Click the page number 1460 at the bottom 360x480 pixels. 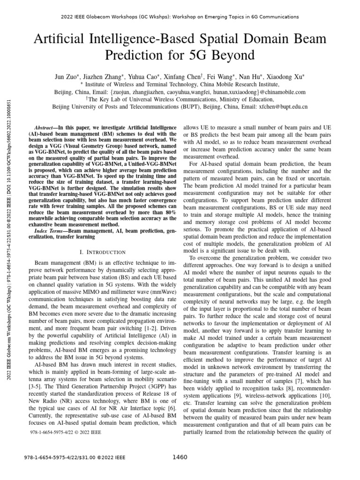click(x=180, y=457)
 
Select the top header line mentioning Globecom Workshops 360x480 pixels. click(x=180, y=17)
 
